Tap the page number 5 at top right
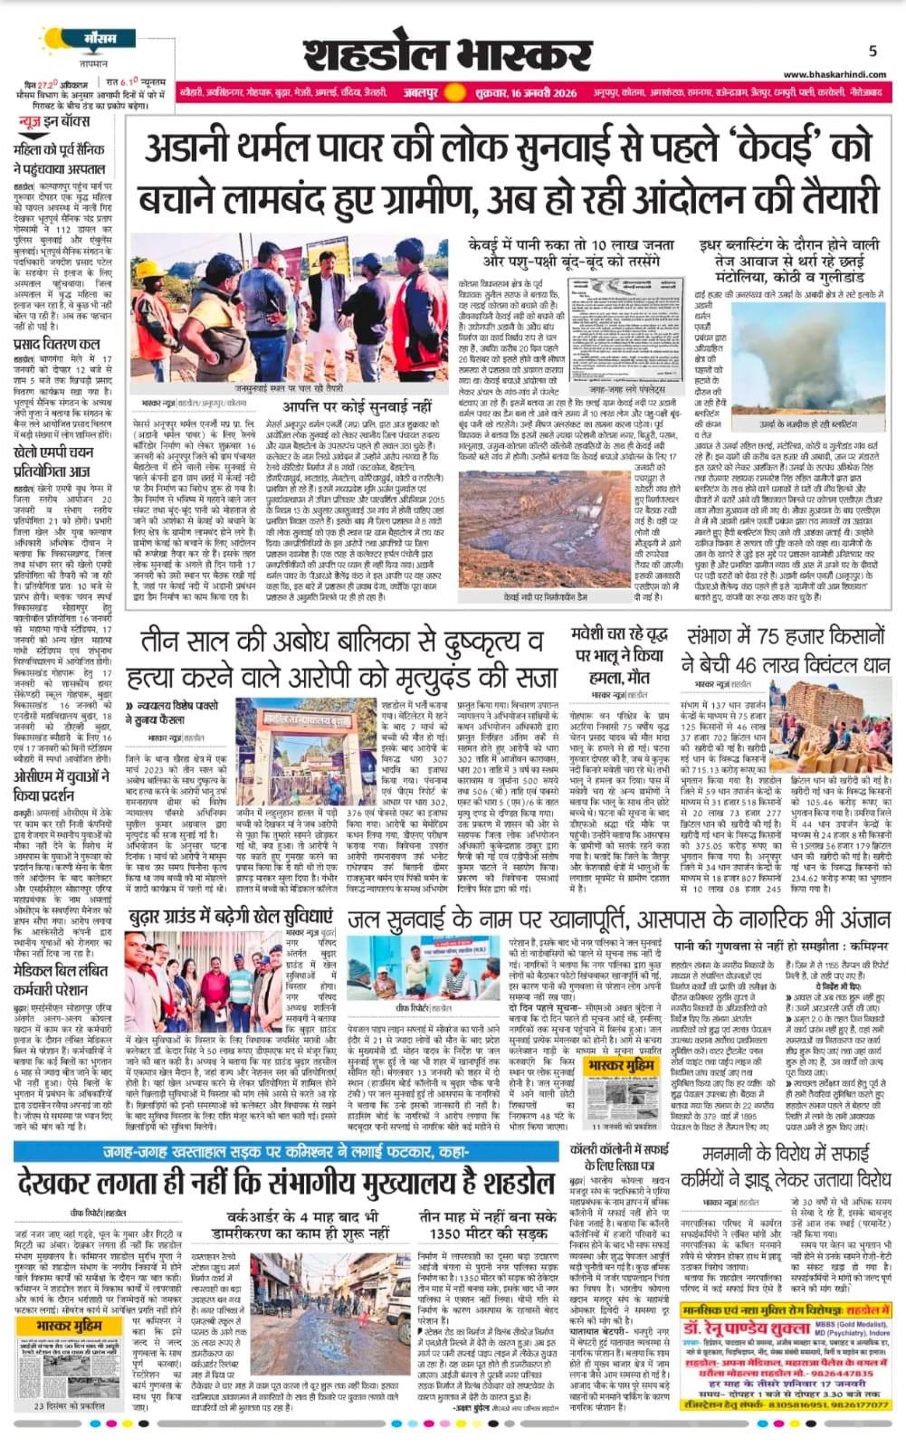[873, 52]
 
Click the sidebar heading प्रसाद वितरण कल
[56, 344]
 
